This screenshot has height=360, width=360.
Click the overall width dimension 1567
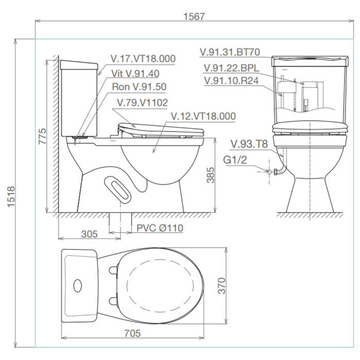(x=194, y=16)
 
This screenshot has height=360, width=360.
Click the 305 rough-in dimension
(x=89, y=234)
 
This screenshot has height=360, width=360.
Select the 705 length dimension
(x=132, y=333)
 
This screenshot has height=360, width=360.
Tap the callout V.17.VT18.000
(x=143, y=59)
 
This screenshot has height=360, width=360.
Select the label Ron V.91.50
(x=138, y=87)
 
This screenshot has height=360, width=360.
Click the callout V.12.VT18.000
(x=203, y=117)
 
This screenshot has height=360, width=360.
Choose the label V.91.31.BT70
(x=230, y=52)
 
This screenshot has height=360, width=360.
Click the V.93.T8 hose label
(x=249, y=145)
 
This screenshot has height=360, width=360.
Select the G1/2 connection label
(x=236, y=160)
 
